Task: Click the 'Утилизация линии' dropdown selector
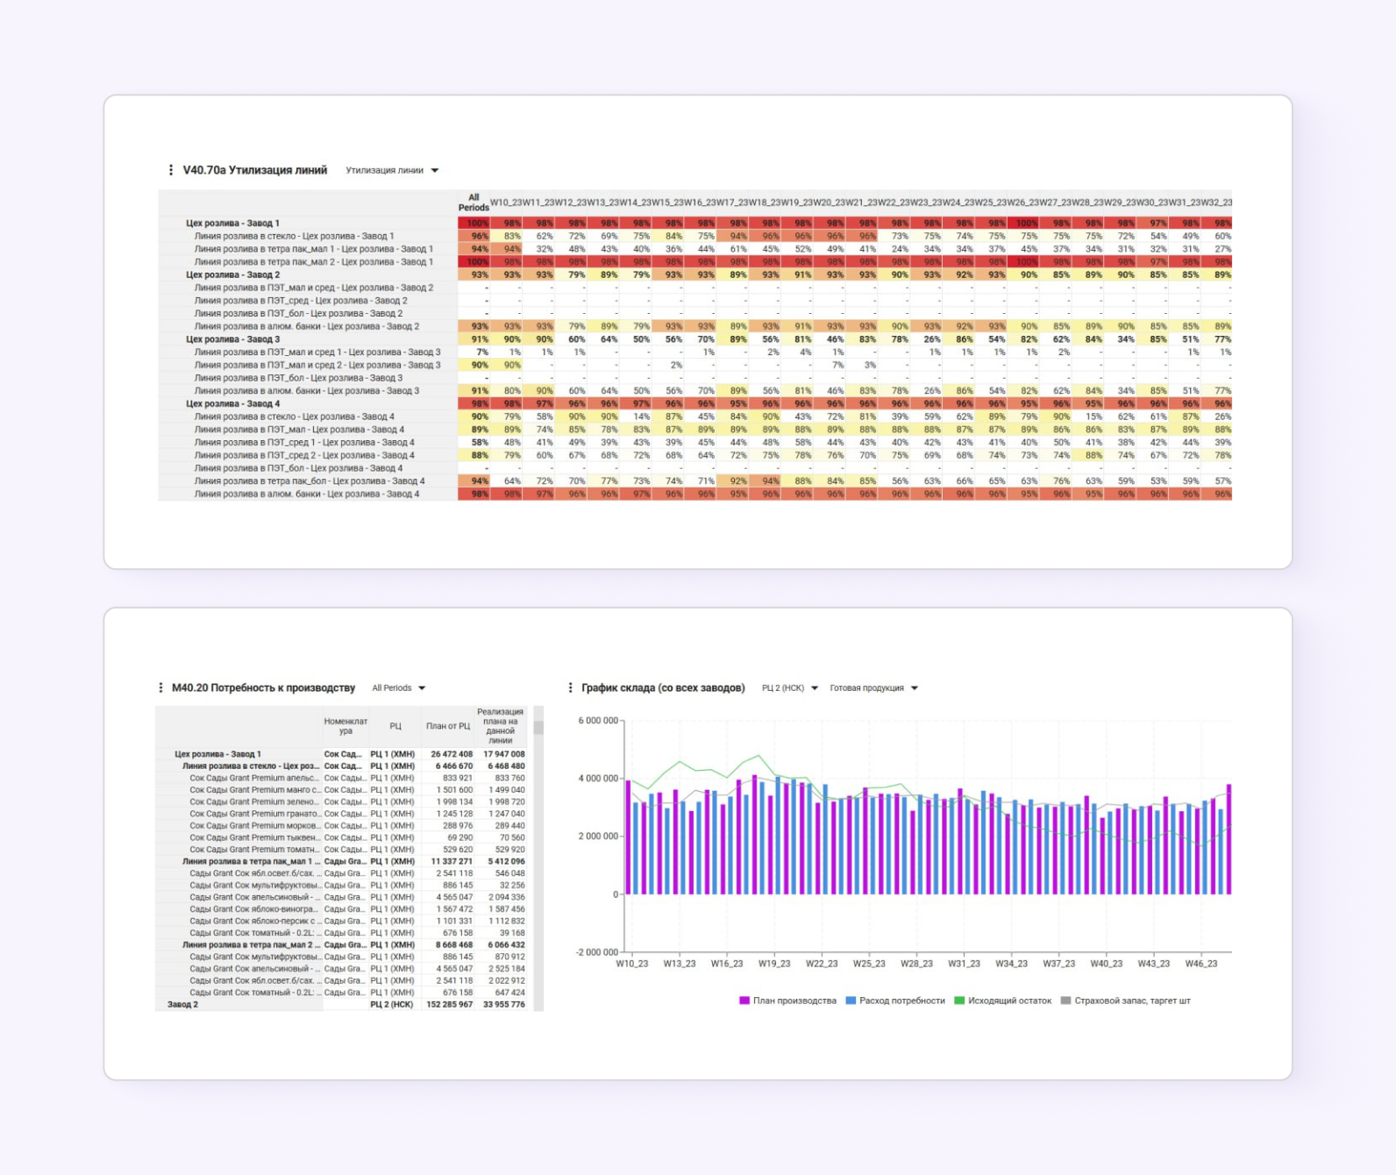pos(392,170)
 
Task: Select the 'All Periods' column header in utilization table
pos(474,203)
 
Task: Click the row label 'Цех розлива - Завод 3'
pos(233,339)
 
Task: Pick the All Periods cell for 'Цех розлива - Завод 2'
pos(474,274)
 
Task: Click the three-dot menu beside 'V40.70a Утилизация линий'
pos(170,170)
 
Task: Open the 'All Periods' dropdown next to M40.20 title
pos(399,688)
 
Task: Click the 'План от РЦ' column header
pos(448,726)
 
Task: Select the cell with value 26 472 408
pos(452,754)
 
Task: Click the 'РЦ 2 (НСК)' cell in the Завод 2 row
pos(392,1005)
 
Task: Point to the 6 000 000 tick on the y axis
pos(598,721)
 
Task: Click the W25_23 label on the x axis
pos(869,964)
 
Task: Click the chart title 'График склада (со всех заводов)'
pos(663,688)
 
